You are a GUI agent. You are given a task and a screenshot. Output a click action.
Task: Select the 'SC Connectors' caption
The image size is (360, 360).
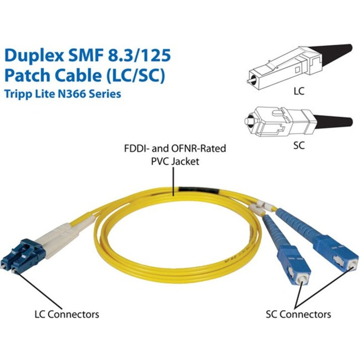click(298, 314)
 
